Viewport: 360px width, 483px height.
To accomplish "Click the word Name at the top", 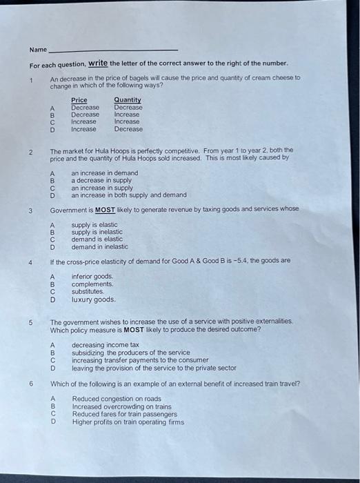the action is pos(38,50).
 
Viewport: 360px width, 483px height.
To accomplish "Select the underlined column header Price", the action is pos(79,100).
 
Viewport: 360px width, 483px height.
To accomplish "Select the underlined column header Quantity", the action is pos(129,100).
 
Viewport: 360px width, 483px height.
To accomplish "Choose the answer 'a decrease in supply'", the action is pos(101,180).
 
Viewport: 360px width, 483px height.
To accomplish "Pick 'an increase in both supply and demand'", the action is pos(129,195).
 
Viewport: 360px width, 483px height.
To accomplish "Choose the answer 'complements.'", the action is pos(92,284).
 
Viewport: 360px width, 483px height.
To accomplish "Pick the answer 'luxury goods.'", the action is pos(94,299).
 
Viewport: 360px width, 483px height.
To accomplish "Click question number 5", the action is pos(30,322).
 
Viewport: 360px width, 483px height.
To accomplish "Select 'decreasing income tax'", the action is pos(106,345).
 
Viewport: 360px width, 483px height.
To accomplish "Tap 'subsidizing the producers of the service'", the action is pos(131,353).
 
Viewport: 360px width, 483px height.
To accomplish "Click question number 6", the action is pos(30,384).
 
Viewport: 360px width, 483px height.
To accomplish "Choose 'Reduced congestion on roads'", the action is pos(117,399).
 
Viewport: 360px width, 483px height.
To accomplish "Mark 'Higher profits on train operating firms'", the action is pos(128,422).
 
